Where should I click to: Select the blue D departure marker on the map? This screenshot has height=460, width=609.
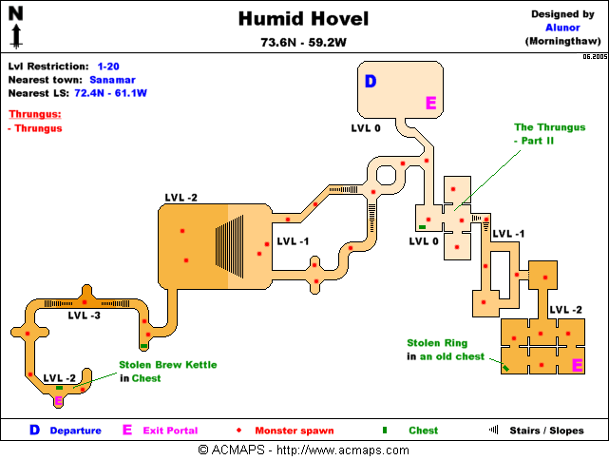tap(371, 82)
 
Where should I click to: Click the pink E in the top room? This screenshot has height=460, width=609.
tap(430, 103)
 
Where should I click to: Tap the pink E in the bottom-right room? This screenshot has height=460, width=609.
tap(576, 365)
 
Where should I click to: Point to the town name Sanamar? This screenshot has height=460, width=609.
tap(113, 81)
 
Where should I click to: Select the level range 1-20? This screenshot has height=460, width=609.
tap(110, 67)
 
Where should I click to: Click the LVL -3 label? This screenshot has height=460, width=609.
tap(84, 316)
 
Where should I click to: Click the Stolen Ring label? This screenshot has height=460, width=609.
tap(436, 342)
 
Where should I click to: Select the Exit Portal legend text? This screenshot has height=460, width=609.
tap(174, 431)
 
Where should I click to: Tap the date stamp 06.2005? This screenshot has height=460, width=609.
tap(595, 57)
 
